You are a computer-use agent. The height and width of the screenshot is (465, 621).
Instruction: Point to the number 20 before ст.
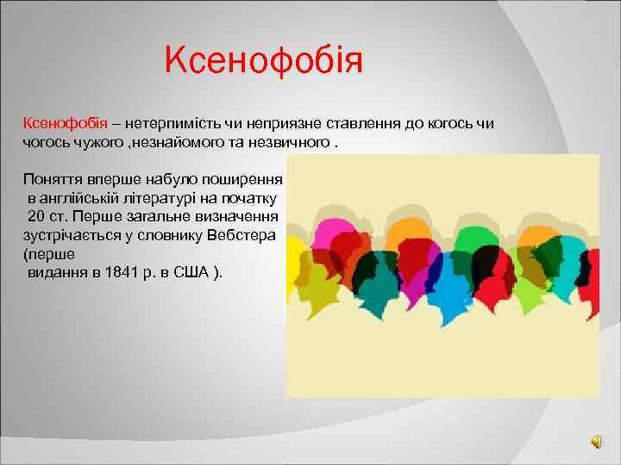click(x=36, y=216)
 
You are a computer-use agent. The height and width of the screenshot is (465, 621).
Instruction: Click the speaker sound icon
click(x=597, y=442)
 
